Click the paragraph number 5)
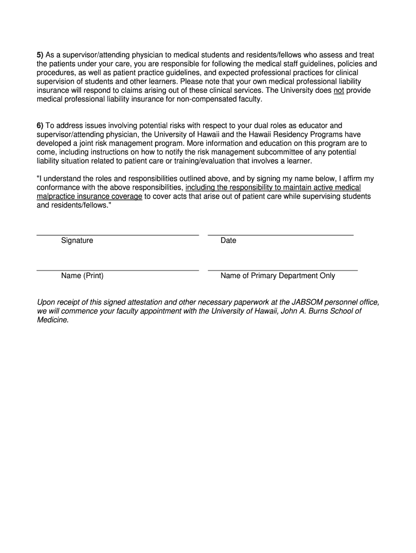click(40, 55)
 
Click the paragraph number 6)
click(40, 125)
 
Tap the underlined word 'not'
click(339, 91)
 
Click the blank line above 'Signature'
click(117, 235)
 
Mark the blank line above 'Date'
click(280, 235)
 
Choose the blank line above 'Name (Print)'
click(117, 270)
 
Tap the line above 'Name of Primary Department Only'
click(283, 270)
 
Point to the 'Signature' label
click(77, 240)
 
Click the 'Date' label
click(228, 240)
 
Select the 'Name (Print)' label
click(82, 275)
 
